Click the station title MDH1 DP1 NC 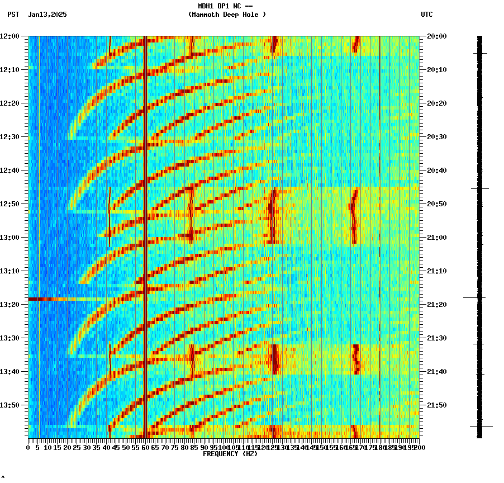pos(221,6)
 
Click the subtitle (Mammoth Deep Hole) pos(227,15)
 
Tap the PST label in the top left pos(13,15)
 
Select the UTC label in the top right pos(426,15)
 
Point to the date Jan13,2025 pos(47,15)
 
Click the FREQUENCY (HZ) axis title pos(230,454)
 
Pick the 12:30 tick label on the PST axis pos(9,137)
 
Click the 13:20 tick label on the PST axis pos(9,305)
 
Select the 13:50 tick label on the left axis pos(9,405)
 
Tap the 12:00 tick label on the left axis pos(9,36)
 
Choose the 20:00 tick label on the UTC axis pos(436,36)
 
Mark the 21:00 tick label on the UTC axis pos(436,238)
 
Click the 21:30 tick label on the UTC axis pos(436,338)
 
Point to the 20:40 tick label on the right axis pos(436,171)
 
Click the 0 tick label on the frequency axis pos(28,448)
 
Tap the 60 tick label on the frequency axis pos(146,448)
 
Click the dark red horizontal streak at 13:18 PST pos(42,299)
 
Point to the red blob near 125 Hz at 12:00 pos(274,45)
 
